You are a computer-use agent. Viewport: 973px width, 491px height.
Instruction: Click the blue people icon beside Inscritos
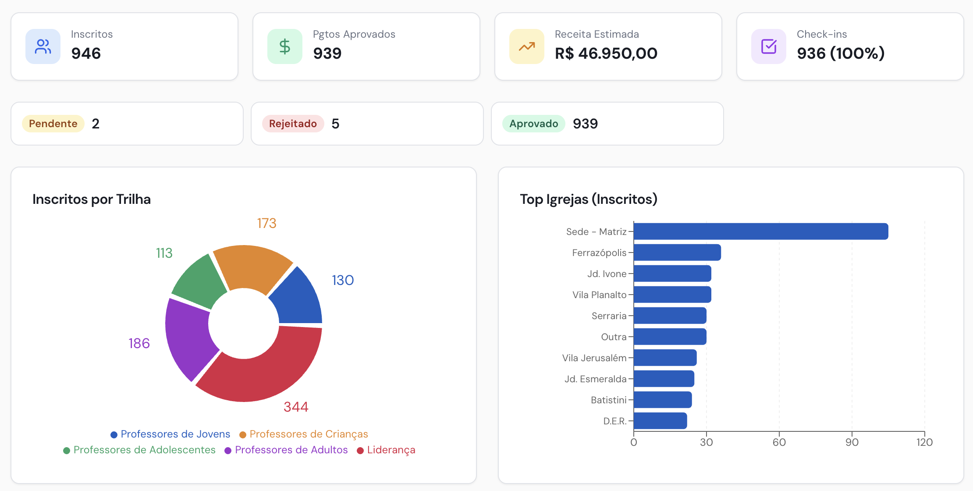pyautogui.click(x=43, y=46)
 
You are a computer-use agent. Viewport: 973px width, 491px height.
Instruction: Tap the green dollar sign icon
pyautogui.click(x=285, y=46)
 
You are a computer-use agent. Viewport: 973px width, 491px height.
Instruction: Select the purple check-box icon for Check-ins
pyautogui.click(x=769, y=46)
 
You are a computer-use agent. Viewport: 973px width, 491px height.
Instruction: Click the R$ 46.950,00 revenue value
pyautogui.click(x=606, y=53)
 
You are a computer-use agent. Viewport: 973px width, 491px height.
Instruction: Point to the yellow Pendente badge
pyautogui.click(x=53, y=124)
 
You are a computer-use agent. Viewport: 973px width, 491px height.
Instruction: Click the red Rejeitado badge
pyautogui.click(x=293, y=124)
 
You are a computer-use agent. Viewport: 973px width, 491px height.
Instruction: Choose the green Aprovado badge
pyautogui.click(x=533, y=124)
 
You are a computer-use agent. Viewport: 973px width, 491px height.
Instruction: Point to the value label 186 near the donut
pyautogui.click(x=139, y=343)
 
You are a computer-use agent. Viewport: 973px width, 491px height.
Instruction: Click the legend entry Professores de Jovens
pyautogui.click(x=170, y=434)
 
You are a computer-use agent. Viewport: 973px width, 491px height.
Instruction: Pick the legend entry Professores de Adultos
pyautogui.click(x=286, y=450)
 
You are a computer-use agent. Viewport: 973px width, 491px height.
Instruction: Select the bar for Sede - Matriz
pyautogui.click(x=760, y=231)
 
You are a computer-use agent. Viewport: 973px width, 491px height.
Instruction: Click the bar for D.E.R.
pyautogui.click(x=660, y=421)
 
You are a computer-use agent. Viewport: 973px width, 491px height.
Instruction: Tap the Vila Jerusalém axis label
pyautogui.click(x=594, y=358)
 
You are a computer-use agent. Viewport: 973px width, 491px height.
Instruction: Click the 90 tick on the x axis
pyautogui.click(x=852, y=442)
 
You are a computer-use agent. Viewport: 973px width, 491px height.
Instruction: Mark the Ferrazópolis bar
pyautogui.click(x=677, y=253)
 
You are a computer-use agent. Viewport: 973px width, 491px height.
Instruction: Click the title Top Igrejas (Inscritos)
pyautogui.click(x=588, y=199)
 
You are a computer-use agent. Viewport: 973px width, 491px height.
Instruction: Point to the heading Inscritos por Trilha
pyautogui.click(x=92, y=199)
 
